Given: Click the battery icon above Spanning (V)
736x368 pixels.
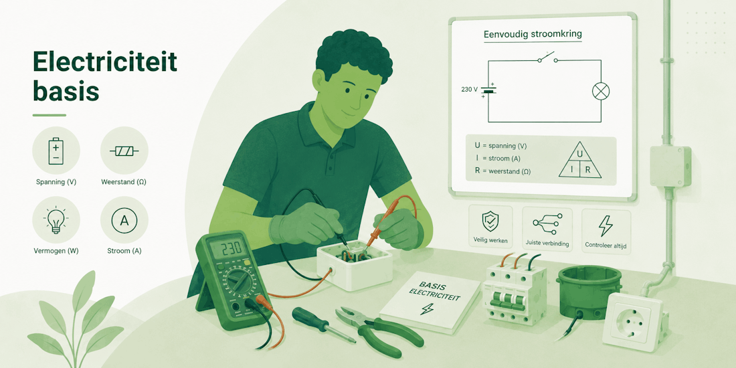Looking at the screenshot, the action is coord(56,151).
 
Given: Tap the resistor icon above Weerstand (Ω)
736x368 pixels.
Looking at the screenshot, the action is coord(124,151).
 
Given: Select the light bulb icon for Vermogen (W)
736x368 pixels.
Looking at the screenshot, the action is coord(56,219).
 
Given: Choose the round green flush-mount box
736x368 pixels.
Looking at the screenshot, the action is coord(589,290).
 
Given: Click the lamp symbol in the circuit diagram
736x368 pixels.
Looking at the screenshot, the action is coord(600,91).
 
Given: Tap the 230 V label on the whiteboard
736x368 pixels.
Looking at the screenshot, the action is coord(470,89).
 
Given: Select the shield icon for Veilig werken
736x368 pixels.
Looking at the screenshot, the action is coord(490,221).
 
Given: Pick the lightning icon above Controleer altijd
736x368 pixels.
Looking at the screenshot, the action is coord(606,225).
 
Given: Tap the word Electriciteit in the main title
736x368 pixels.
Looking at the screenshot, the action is coord(104,61).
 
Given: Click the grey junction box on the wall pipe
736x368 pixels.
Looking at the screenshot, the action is coord(670,166).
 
